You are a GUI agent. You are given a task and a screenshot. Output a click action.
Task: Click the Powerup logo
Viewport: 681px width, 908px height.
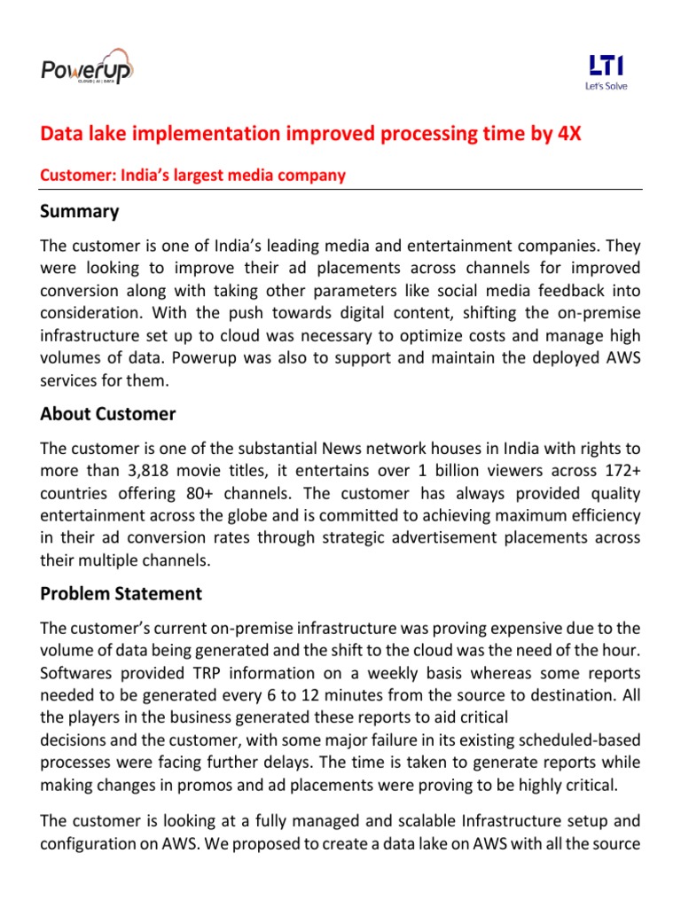pyautogui.click(x=87, y=68)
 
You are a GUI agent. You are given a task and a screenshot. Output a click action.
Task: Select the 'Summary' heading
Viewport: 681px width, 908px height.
pyautogui.click(x=80, y=212)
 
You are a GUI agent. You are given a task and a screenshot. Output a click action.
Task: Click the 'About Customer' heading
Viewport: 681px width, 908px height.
pyautogui.click(x=108, y=414)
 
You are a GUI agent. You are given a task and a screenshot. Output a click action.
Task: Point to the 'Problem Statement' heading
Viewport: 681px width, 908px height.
pyautogui.click(x=121, y=593)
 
